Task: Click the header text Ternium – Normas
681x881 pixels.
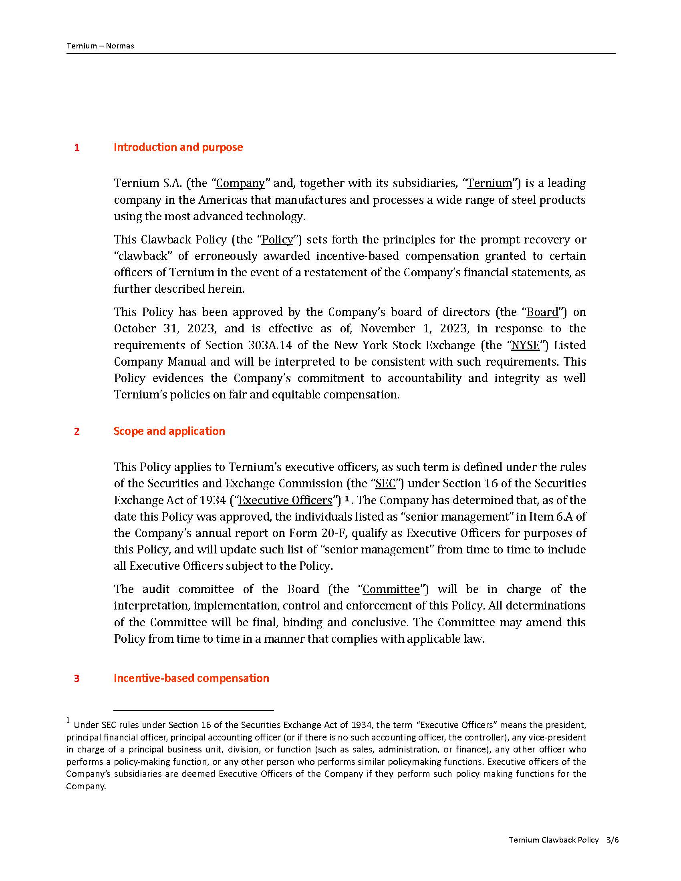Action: (100, 46)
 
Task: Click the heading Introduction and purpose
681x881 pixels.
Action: (178, 147)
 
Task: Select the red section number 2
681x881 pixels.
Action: (77, 432)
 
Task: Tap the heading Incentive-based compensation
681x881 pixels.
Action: (191, 678)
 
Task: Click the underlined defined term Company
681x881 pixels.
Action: (240, 183)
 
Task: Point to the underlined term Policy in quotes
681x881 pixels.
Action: (278, 240)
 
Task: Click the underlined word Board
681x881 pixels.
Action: (543, 312)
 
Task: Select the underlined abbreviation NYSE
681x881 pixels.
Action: (525, 346)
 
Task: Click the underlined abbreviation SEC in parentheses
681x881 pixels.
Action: (385, 484)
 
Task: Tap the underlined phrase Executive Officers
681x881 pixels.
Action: (285, 500)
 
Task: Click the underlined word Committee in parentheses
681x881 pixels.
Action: (391, 589)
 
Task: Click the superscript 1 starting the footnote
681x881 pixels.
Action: (68, 720)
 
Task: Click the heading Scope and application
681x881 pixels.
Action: (169, 431)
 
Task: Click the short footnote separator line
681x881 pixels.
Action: (193, 710)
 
